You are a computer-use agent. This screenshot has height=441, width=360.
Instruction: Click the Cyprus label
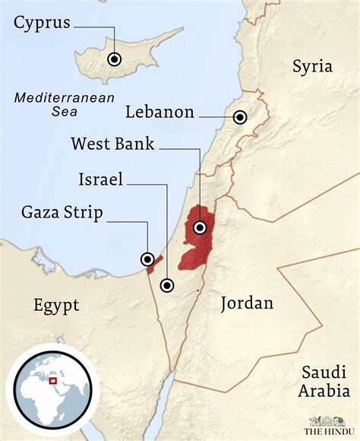pyautogui.click(x=42, y=24)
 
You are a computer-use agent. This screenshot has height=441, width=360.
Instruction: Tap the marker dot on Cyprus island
pyautogui.click(x=114, y=59)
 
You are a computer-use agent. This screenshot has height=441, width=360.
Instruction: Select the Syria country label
pyautogui.click(x=312, y=66)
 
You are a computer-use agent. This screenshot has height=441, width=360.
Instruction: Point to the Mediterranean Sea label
pyautogui.click(x=64, y=105)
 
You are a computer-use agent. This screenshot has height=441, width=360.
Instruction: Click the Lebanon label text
pyautogui.click(x=160, y=113)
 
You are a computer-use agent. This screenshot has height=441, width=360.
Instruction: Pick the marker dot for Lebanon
pyautogui.click(x=240, y=117)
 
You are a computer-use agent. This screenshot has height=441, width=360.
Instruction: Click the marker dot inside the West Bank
pyautogui.click(x=201, y=227)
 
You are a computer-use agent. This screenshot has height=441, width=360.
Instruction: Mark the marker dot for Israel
pyautogui.click(x=166, y=286)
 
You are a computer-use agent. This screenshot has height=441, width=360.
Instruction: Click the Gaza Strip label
pyautogui.click(x=62, y=212)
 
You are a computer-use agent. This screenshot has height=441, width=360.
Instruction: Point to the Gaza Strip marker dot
pyautogui.click(x=148, y=259)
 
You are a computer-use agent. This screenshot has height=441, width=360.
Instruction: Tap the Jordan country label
pyautogui.click(x=246, y=304)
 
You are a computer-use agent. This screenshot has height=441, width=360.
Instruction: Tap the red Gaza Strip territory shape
pyautogui.click(x=156, y=262)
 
